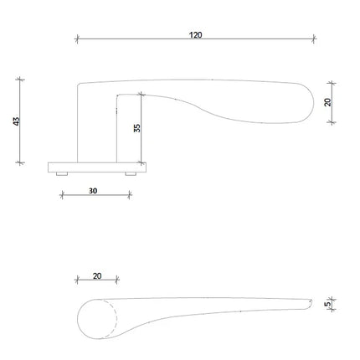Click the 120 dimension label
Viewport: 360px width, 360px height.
196,35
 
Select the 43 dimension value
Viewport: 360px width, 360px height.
17,121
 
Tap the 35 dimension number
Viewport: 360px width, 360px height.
137,128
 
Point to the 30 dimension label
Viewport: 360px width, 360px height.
93,191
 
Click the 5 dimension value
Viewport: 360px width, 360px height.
328,303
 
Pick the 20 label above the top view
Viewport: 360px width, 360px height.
97,276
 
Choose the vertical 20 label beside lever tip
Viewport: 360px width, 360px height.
328,102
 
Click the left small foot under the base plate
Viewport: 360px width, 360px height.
62,174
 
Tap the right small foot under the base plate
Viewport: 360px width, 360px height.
131,174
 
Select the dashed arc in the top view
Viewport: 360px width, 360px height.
116,319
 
